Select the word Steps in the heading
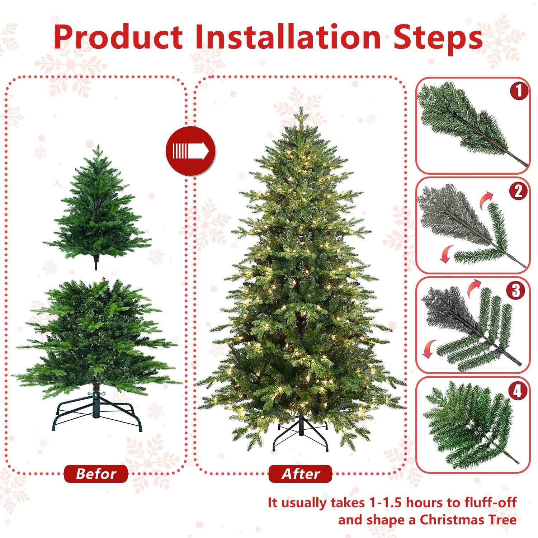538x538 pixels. (x=438, y=37)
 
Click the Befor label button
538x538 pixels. (x=96, y=474)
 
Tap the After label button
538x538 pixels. (x=300, y=474)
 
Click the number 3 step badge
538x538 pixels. (x=516, y=291)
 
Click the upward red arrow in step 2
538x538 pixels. (x=487, y=197)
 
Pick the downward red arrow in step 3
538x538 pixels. (x=428, y=349)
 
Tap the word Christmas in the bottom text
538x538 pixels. (x=452, y=519)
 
